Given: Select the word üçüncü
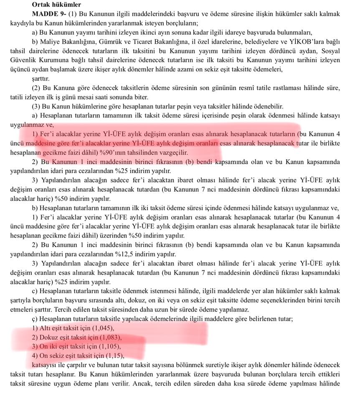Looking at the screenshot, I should [21, 69].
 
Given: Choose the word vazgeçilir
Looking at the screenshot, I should [173, 153].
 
